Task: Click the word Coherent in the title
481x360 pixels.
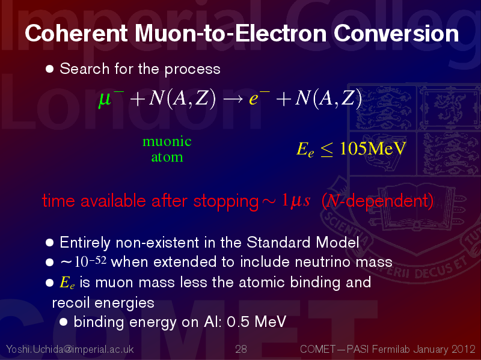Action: coord(76,33)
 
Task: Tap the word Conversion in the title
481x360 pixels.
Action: coord(396,33)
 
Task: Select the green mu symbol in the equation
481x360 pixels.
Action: coord(105,99)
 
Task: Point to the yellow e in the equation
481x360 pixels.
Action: coord(254,100)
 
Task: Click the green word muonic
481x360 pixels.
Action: coord(167,141)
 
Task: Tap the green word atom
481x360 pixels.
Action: coord(167,157)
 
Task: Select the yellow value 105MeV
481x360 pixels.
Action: coord(373,148)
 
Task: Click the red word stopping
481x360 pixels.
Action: coord(226,202)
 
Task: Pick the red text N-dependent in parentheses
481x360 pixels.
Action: coord(378,201)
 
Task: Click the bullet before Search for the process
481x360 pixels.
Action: coord(49,69)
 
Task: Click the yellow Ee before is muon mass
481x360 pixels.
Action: coord(67,282)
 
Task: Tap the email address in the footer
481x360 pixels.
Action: coord(70,349)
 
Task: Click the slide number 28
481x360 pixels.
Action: coord(241,349)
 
